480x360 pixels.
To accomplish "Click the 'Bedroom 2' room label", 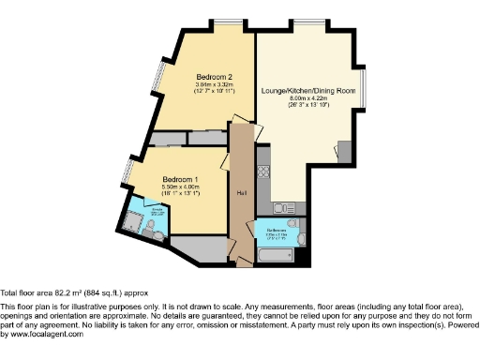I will pos(215,77).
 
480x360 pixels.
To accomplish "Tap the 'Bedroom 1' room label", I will pos(180,179).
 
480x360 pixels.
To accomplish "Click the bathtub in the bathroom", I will pos(275,254).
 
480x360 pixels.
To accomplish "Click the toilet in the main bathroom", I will pos(299,242).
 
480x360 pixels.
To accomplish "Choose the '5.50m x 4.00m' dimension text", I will pos(180,188).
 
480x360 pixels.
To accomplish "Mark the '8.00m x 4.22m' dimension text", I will pos(312,97).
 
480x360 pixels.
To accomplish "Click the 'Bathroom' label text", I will pos(275,226).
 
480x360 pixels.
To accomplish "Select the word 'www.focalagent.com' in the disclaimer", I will pos(43,335).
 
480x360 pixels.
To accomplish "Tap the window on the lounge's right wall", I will pos(367,90).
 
